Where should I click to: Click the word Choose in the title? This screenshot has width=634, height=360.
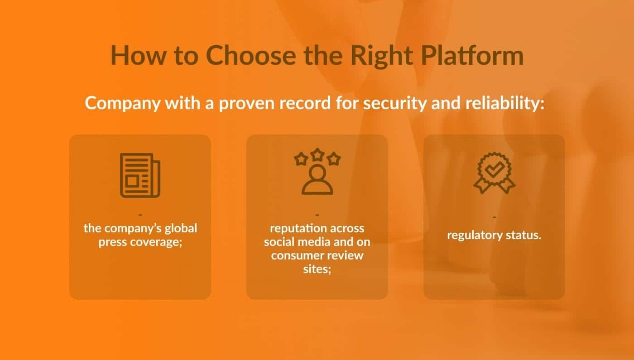point(251,55)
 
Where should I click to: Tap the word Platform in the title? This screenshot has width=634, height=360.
point(472,55)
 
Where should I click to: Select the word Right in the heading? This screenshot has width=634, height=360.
point(382,57)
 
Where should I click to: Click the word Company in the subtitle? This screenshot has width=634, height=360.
point(123,103)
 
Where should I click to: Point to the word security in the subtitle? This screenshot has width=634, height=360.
point(395,103)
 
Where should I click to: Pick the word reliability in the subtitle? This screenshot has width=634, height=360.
point(505,103)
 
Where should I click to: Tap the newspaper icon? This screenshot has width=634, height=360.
point(140,175)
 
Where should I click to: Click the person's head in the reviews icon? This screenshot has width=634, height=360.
point(317,173)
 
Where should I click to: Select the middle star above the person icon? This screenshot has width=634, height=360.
point(317,154)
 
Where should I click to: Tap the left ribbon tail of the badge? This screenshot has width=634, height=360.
point(481,186)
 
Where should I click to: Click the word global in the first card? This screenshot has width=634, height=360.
point(181,229)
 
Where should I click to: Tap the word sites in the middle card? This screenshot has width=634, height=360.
point(317,269)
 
